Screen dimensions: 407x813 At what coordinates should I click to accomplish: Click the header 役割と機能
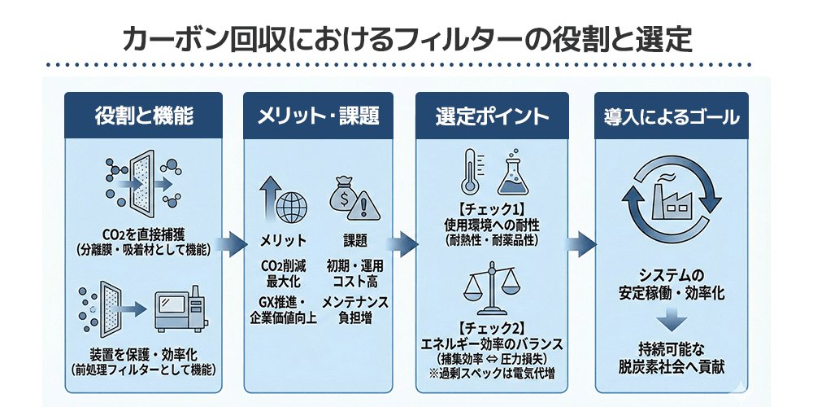tap(144, 116)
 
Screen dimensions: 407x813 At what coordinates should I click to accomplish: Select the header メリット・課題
tap(319, 116)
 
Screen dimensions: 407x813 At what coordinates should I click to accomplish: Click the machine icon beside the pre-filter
tap(179, 308)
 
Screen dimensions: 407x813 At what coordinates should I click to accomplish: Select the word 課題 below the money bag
tap(355, 240)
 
